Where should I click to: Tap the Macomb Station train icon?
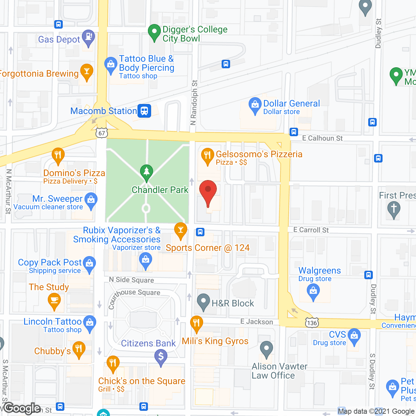click(144, 110)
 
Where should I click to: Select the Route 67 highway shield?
click(102, 133)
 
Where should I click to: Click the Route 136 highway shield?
click(312, 322)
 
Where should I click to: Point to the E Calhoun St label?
click(322, 138)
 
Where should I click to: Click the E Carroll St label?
click(311, 230)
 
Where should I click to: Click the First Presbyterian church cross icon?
click(394, 208)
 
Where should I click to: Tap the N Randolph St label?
click(194, 102)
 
